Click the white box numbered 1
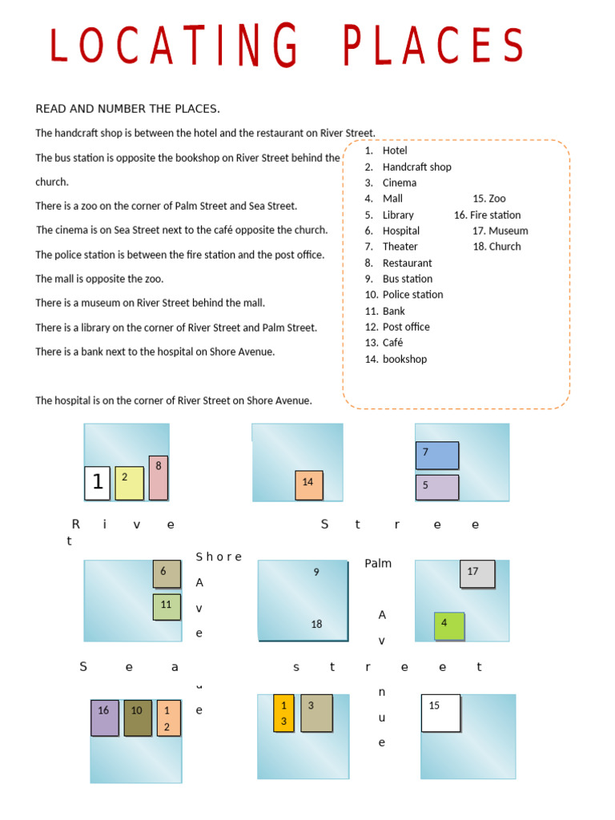click(97, 483)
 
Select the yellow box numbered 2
click(129, 483)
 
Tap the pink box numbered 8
click(159, 478)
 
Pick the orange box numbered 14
click(309, 485)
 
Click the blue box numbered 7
click(436, 455)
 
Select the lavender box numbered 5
click(436, 487)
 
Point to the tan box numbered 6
click(167, 573)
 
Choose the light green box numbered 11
click(167, 606)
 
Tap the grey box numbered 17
click(477, 573)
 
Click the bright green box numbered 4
click(449, 625)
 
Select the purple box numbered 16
click(104, 718)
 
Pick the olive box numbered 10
click(138, 718)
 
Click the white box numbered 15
click(440, 713)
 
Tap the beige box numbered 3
click(316, 713)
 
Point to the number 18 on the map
click(316, 624)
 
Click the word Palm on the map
click(378, 564)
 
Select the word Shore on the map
click(219, 557)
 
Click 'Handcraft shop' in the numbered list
click(416, 167)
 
